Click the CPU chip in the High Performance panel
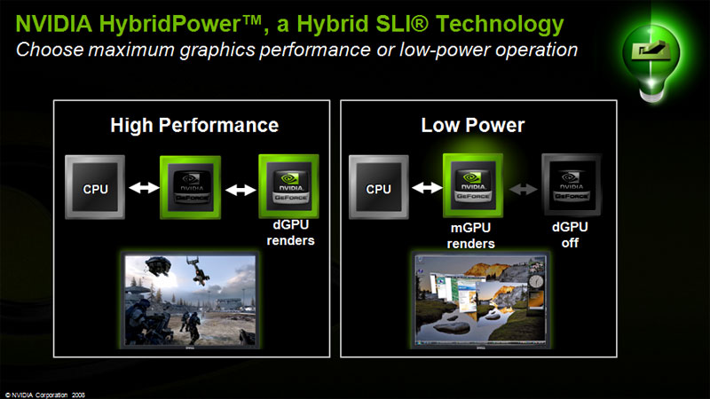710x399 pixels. tap(95, 187)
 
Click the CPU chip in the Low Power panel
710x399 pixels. tap(379, 187)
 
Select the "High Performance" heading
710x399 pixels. tap(194, 125)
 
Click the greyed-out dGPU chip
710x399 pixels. tap(570, 186)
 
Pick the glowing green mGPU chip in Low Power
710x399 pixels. tap(473, 185)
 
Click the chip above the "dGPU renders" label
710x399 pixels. tap(288, 186)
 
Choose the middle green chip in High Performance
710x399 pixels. tap(189, 187)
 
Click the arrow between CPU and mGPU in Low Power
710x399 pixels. tap(426, 188)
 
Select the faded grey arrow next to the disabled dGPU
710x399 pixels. tap(522, 188)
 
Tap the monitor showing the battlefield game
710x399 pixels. tap(190, 301)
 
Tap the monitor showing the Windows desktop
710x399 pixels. tap(476, 301)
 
